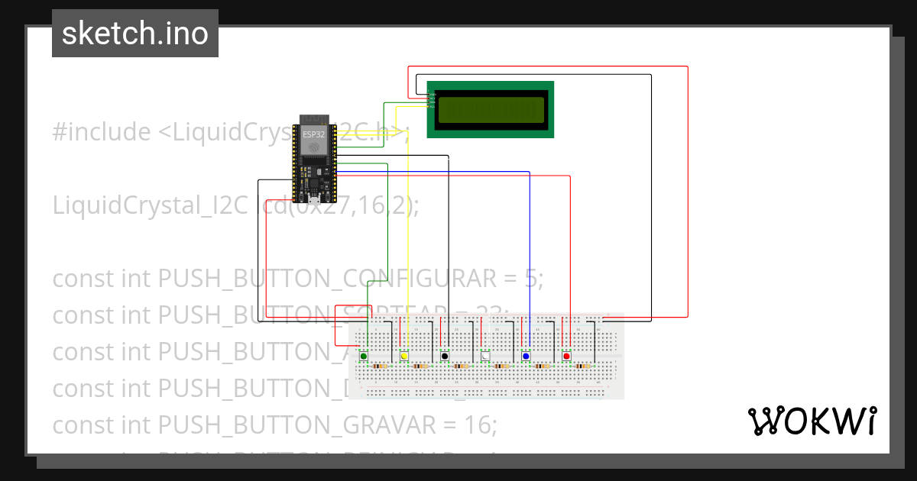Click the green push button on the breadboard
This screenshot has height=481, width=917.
pos(364,356)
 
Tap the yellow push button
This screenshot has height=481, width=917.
pos(404,356)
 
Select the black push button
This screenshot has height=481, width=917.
pos(445,356)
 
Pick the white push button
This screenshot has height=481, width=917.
pos(485,356)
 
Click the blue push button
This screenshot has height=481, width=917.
pos(526,356)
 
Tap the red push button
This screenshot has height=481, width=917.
pos(566,356)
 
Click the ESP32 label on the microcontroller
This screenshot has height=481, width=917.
pos(313,134)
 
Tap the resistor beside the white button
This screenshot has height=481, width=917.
pos(501,366)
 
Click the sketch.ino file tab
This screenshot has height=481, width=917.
pos(135,34)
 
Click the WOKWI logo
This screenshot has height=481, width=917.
pos(812,421)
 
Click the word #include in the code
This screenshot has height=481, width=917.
pos(102,132)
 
